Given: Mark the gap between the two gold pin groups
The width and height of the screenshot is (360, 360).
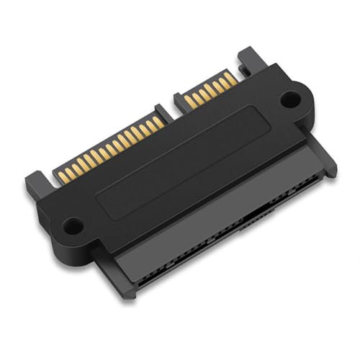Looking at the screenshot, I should [x=171, y=112].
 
